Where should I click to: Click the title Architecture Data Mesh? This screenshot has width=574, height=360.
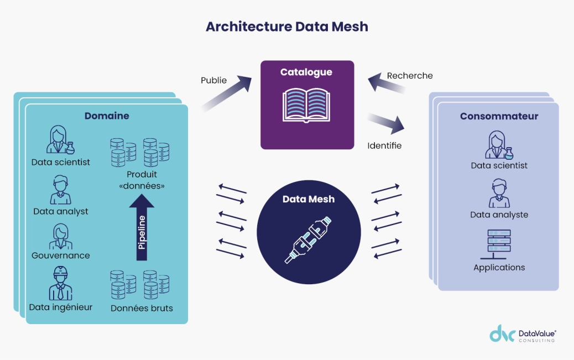click(x=286, y=27)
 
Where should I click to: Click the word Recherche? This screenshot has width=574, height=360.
click(x=410, y=76)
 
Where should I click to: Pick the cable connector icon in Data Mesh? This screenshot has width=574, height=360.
click(x=309, y=239)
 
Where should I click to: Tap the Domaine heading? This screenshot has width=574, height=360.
click(x=107, y=116)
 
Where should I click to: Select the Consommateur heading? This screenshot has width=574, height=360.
click(x=499, y=117)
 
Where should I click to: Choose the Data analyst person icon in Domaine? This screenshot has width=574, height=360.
click(x=60, y=190)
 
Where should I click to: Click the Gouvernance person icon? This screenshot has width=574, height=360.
click(x=60, y=237)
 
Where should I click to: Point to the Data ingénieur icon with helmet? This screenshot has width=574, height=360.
click(x=60, y=283)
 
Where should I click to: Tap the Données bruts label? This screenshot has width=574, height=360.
click(x=142, y=308)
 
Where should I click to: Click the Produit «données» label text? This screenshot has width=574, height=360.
click(x=142, y=180)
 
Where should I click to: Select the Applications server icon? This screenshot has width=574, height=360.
click(x=499, y=244)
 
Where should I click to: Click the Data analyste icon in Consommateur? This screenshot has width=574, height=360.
click(x=499, y=193)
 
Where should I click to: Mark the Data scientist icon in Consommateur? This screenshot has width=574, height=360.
click(x=499, y=145)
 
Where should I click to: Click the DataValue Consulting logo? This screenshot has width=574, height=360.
click(x=523, y=336)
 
